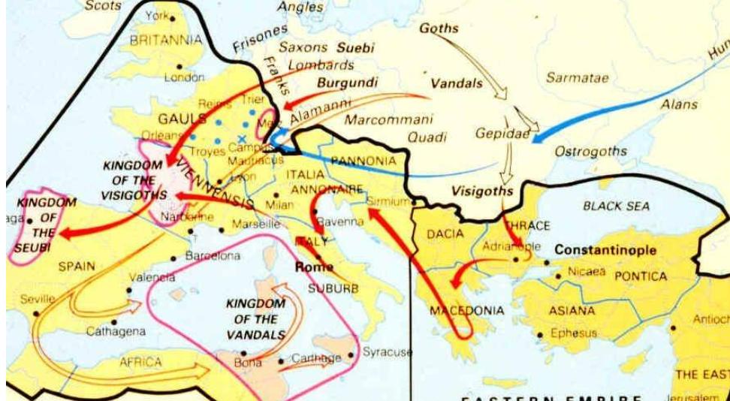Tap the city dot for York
coord(173,17)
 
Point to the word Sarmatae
coord(577,77)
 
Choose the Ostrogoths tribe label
coord(590,152)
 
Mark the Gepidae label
coord(501,133)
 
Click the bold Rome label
coord(314,267)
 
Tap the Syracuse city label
coord(387,351)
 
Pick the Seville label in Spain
coord(38,298)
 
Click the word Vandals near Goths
coord(457,83)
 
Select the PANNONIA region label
coord(363,161)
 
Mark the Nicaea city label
coord(587,272)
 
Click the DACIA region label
coord(445,234)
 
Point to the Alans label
coord(679,105)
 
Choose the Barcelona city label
coord(213,256)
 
